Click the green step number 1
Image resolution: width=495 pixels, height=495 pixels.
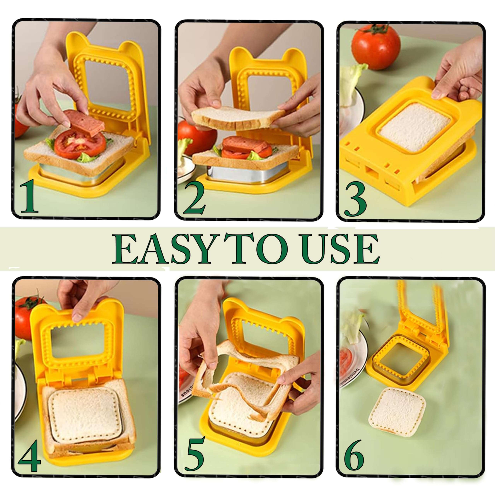(x=29, y=199)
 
